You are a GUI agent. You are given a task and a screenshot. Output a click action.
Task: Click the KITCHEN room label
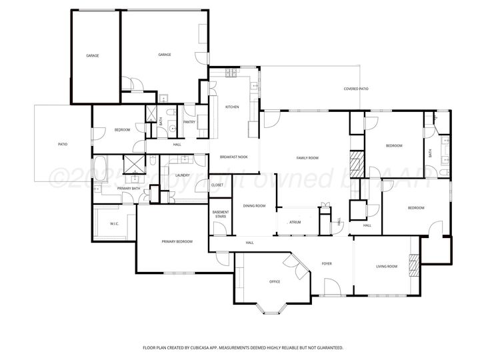[x=232, y=107]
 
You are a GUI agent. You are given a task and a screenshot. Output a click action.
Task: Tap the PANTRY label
[x=189, y=122]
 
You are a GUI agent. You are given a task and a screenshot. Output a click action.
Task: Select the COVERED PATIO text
[x=356, y=89]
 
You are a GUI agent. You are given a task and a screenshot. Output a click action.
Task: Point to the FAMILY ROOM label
[x=307, y=158]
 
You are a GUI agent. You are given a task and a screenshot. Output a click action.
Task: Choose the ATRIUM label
[x=295, y=222]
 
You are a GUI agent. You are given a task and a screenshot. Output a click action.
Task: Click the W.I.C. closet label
[x=114, y=223]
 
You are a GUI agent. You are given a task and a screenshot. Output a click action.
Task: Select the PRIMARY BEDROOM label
[x=177, y=241]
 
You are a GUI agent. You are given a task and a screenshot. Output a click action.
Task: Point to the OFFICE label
[x=275, y=281]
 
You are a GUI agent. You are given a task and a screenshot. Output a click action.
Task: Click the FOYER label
[x=327, y=264]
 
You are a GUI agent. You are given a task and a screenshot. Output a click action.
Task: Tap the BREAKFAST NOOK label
[x=234, y=157]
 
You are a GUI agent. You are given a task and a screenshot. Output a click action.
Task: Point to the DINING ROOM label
[x=254, y=206]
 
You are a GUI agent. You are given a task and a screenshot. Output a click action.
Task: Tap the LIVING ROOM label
[x=387, y=267]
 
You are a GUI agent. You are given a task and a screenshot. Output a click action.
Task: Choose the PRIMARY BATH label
[x=129, y=189]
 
